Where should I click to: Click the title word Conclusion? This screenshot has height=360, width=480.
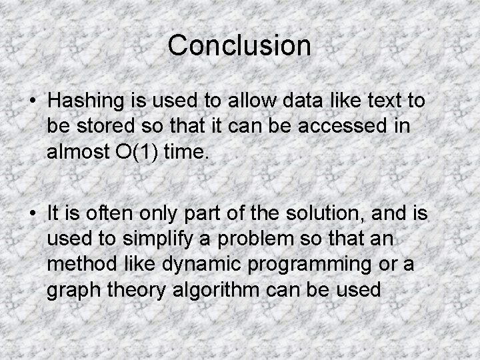pyautogui.click(x=239, y=45)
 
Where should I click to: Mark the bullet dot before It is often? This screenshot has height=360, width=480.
pyautogui.click(x=32, y=213)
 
